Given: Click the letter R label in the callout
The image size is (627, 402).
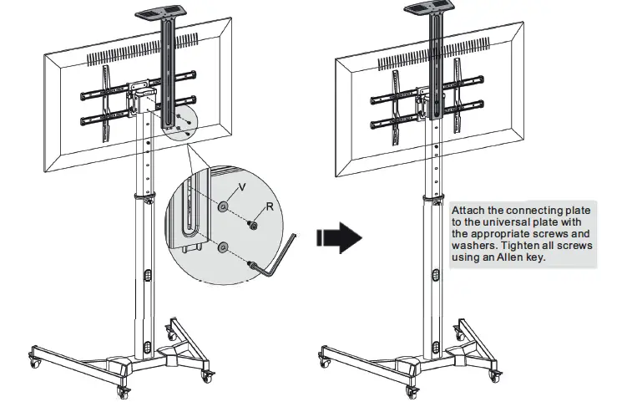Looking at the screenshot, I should coord(270,205).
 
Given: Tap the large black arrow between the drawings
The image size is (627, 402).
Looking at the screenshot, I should coord(339,238).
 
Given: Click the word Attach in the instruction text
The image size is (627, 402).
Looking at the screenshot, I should coord(469,211).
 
